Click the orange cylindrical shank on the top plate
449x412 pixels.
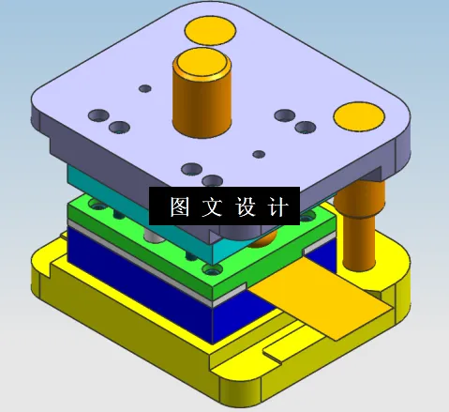[200, 99]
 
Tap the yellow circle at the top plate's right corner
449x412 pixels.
[358, 115]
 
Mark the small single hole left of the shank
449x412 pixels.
[144, 88]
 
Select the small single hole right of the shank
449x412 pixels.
[261, 153]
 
